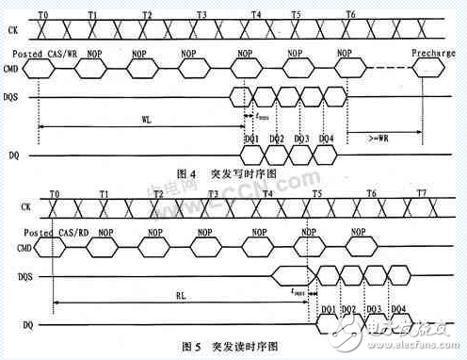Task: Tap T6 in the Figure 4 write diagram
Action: tap(350, 16)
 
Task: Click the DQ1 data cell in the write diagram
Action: tap(252, 139)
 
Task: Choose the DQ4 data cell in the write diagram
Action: tap(325, 139)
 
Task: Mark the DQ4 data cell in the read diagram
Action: tap(397, 309)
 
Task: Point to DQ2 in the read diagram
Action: tap(348, 309)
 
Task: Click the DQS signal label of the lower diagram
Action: tap(14, 277)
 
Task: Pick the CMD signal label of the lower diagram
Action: tap(13, 248)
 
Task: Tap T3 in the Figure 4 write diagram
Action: tap(201, 16)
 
